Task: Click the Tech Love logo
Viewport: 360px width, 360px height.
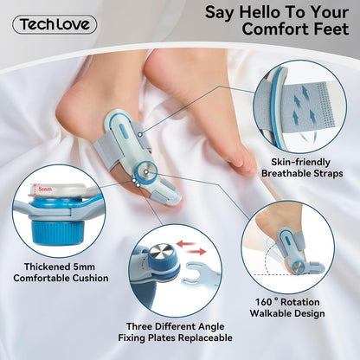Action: pyautogui.click(x=55, y=24)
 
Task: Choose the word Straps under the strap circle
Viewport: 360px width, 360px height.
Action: pyautogui.click(x=325, y=173)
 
